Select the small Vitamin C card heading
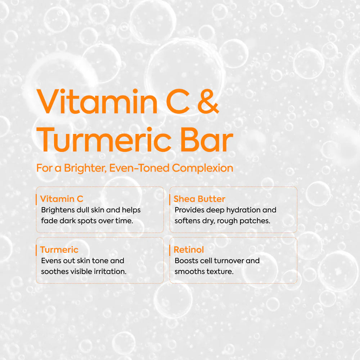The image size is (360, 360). coord(62,199)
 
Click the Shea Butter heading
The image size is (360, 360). coord(199,199)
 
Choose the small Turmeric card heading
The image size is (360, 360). coord(59,249)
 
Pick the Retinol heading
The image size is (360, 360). coord(189,249)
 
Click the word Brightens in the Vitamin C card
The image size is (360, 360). coord(58,210)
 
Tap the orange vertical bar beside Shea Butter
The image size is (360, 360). coord(170,199)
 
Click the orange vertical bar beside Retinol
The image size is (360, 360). coord(170,249)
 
